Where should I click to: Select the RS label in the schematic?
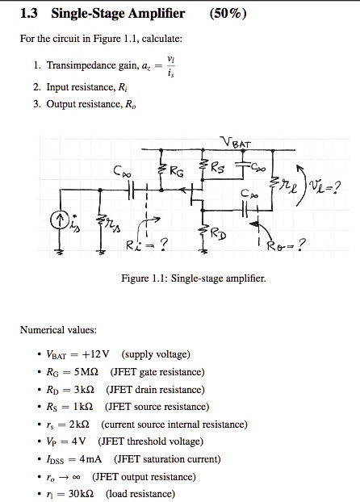220,169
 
